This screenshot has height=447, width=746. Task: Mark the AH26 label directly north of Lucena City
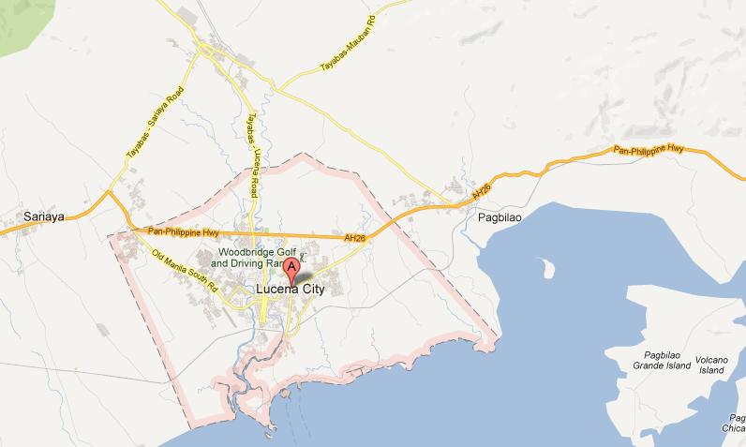[x=353, y=240]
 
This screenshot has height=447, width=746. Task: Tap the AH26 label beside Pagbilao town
[x=481, y=190]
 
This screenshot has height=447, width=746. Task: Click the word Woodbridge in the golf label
[x=246, y=253]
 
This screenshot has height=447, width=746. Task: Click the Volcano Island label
[x=712, y=364]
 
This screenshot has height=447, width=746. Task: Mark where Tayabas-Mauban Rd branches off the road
[x=277, y=89]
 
